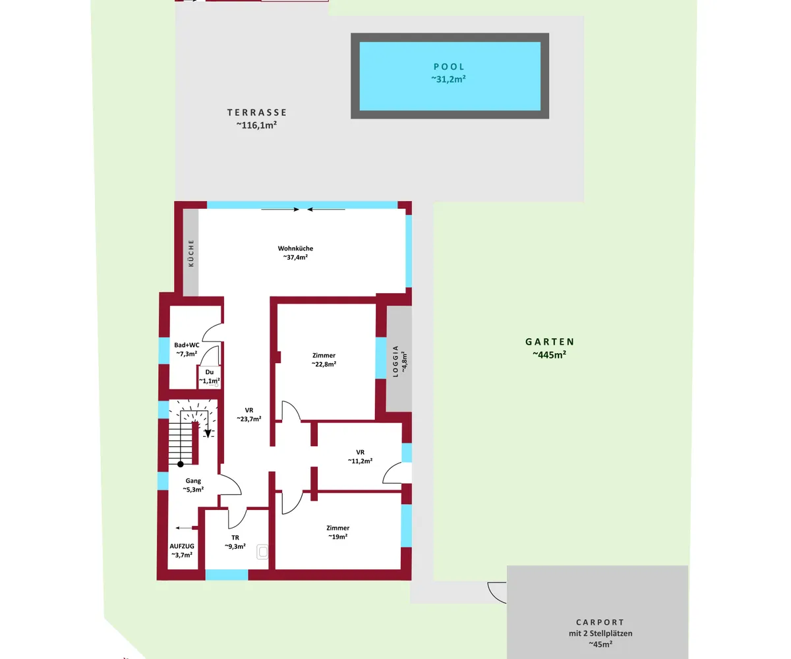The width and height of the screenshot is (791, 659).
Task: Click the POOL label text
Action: point(449,67)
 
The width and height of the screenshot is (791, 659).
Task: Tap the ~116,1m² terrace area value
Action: point(256,125)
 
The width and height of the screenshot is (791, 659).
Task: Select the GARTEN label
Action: point(549,341)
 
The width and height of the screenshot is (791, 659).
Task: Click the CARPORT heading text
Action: point(600,622)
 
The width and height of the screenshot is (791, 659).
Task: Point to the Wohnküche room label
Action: point(295,248)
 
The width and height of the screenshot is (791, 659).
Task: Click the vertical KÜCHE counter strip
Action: point(191,252)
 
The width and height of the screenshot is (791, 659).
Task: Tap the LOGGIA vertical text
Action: point(395,361)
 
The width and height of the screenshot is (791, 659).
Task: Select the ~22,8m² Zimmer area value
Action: point(324,364)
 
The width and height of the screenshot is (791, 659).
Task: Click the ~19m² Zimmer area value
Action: point(338,536)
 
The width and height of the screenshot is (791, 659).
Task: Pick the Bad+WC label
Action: point(187,345)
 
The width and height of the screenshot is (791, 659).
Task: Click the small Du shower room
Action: point(210,377)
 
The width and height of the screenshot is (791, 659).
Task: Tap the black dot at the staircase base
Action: point(181,464)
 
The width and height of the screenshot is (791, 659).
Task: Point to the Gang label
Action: point(193,480)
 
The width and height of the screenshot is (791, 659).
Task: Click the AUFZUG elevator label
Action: point(182,546)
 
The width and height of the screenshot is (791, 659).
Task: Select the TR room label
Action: point(235,538)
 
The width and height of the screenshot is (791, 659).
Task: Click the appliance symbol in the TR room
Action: point(262,552)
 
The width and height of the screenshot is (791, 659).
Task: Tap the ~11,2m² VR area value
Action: point(361,461)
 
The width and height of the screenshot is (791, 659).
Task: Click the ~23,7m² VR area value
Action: point(249,419)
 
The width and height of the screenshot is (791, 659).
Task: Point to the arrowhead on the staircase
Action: point(208,434)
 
